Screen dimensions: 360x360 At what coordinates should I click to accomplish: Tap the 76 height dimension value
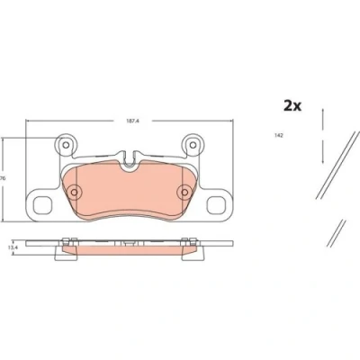point(4,178)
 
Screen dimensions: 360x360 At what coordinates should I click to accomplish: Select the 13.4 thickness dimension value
point(11,247)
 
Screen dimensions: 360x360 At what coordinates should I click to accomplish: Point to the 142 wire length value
point(279,136)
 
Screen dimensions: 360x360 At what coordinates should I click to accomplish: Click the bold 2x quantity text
point(292,106)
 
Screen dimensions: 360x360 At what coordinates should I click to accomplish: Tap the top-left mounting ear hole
point(66,146)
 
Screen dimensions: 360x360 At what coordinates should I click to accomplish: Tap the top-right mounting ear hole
point(193,146)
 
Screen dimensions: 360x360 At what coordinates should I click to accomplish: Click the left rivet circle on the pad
point(74,192)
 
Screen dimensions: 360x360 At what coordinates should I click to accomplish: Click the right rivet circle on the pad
point(184,192)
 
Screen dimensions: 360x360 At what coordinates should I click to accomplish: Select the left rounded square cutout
point(41,205)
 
